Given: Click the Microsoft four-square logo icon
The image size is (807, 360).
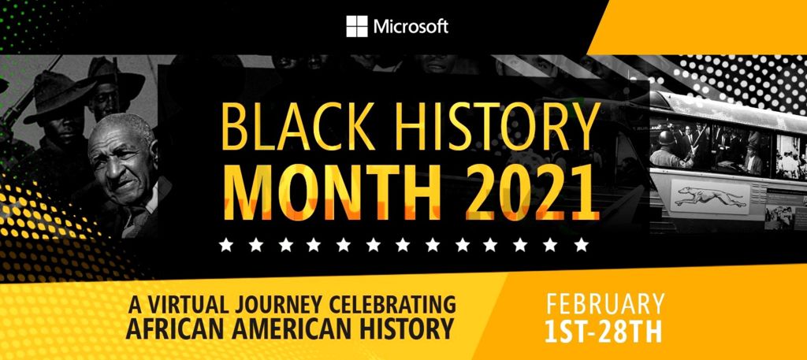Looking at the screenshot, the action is click(x=357, y=26).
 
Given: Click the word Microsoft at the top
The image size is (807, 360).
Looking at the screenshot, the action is click(x=411, y=27).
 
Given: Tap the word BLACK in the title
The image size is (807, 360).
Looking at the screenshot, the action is click(x=296, y=126).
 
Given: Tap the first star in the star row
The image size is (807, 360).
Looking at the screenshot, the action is click(x=225, y=244).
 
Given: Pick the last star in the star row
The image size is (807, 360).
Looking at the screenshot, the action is click(x=581, y=244).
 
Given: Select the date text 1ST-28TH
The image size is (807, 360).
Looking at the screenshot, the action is click(x=603, y=332).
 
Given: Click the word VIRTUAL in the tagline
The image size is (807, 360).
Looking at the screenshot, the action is click(x=187, y=306).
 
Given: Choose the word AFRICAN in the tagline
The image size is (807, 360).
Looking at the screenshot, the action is click(x=170, y=328).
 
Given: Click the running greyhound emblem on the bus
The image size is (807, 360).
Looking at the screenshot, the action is click(x=711, y=196).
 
